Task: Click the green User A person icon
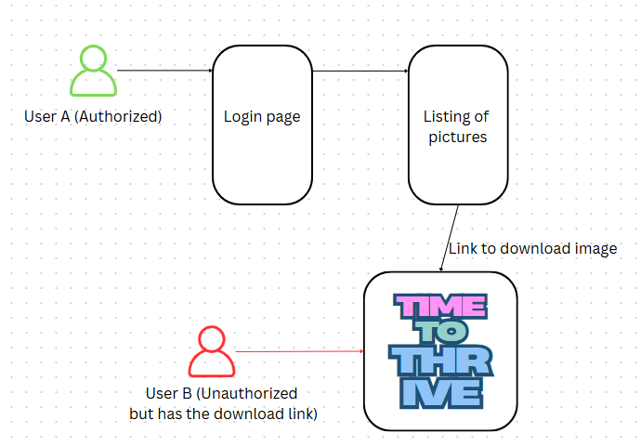pyautogui.click(x=94, y=72)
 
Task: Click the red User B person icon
pyautogui.click(x=212, y=351)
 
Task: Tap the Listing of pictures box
pyautogui.click(x=457, y=125)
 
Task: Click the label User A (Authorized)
pyautogui.click(x=93, y=117)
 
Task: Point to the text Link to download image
pyautogui.click(x=532, y=248)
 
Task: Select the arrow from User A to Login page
pyautogui.click(x=165, y=70)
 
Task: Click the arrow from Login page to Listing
pyautogui.click(x=360, y=71)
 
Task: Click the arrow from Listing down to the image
pyautogui.click(x=451, y=238)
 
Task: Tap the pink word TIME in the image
pyautogui.click(x=439, y=307)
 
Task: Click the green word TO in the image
pyautogui.click(x=440, y=332)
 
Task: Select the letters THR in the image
pyautogui.click(x=440, y=362)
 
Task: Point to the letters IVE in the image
pyautogui.click(x=440, y=393)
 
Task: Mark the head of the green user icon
pyautogui.click(x=94, y=59)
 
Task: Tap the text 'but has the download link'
pyautogui.click(x=223, y=414)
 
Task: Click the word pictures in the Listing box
pyautogui.click(x=457, y=137)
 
